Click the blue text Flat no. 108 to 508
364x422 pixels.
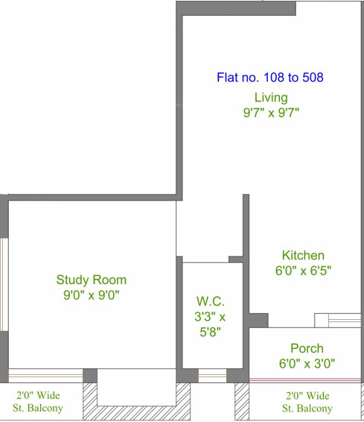(270, 77)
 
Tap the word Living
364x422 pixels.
(271, 98)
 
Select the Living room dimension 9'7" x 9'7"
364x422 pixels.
(271, 113)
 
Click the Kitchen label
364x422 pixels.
(303, 256)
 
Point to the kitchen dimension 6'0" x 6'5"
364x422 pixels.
(303, 270)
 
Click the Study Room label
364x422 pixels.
(91, 280)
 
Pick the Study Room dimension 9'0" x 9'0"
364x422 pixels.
(91, 295)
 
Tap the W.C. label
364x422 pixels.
(210, 301)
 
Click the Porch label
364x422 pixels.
(307, 348)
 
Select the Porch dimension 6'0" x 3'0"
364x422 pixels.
(307, 364)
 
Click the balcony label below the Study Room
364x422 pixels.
(38, 402)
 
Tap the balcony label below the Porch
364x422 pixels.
(307, 402)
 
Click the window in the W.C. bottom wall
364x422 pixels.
(212, 376)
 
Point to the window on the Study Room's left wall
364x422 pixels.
(4, 284)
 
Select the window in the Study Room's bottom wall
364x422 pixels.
(46, 376)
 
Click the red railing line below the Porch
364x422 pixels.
(305, 380)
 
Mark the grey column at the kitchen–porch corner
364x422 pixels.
(259, 320)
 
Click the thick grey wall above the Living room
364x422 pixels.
(236, 8)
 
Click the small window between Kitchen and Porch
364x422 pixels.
(338, 320)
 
